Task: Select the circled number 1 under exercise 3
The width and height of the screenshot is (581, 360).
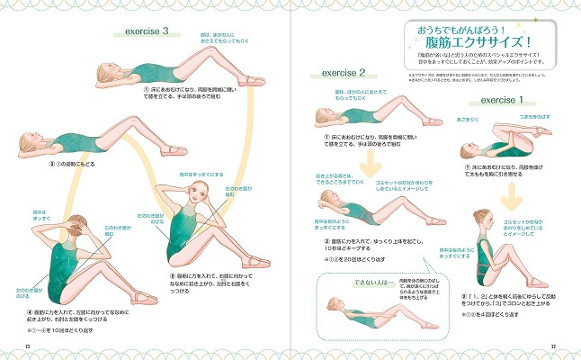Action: click(x=146, y=90)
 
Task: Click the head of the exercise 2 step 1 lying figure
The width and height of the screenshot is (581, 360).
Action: click(x=322, y=114)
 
